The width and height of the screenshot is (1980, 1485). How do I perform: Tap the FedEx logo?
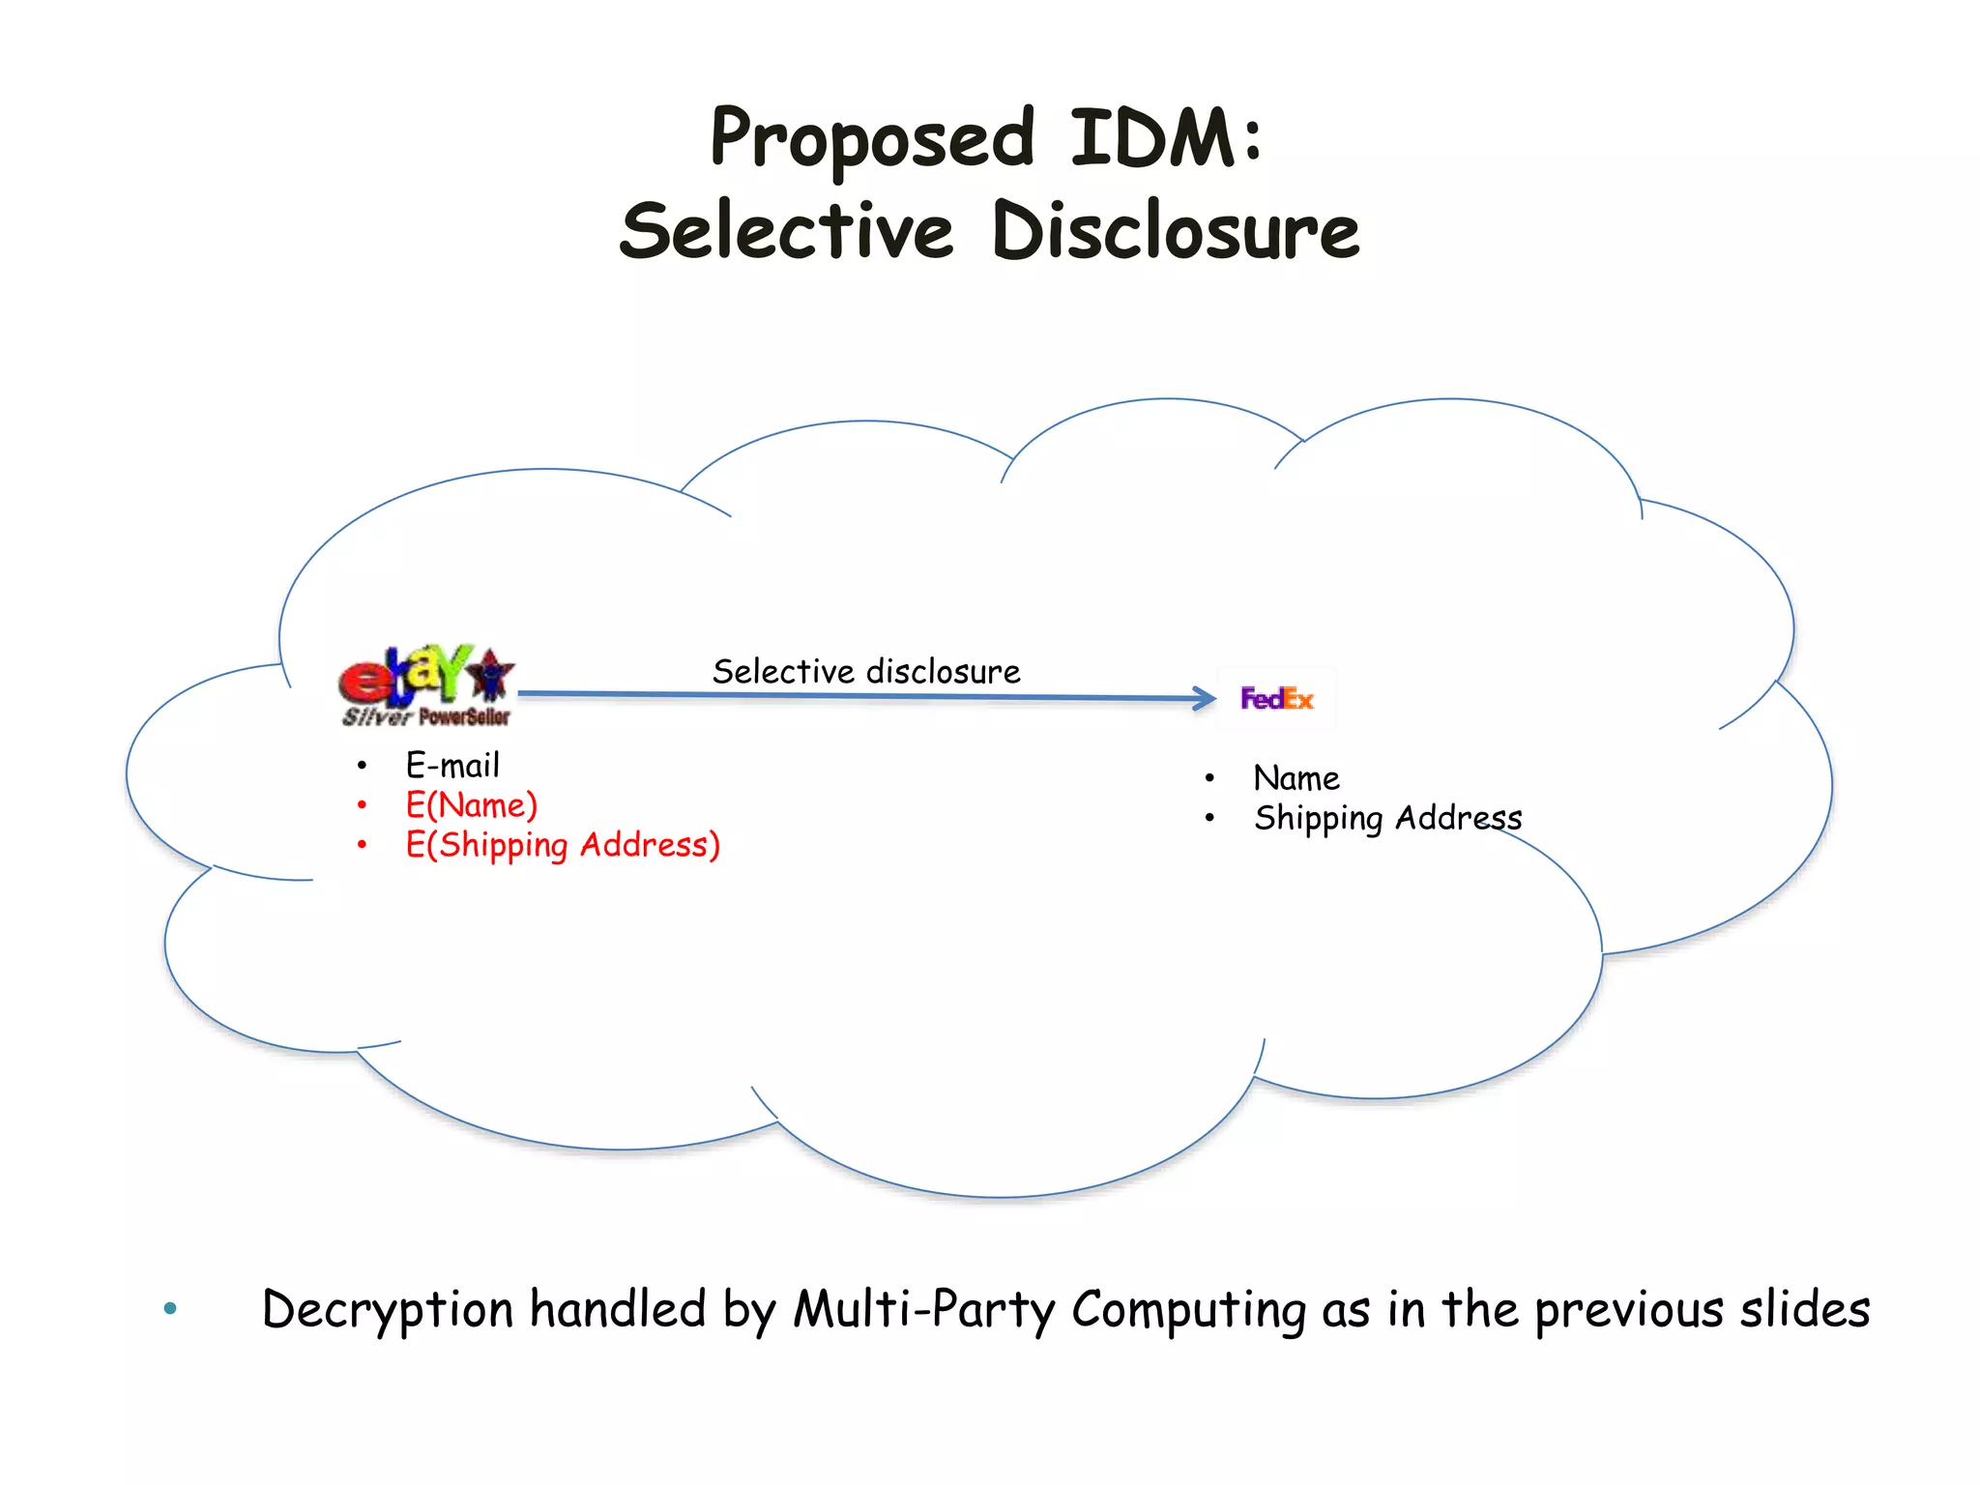pos(1276,698)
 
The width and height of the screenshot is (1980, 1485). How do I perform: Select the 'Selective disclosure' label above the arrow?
pos(866,671)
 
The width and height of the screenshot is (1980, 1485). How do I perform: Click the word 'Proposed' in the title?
pos(872,139)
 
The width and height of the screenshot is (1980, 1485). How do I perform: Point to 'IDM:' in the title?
pos(1166,139)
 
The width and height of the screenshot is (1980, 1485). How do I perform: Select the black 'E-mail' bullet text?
pos(452,766)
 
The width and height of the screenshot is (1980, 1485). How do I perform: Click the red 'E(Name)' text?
pos(471,805)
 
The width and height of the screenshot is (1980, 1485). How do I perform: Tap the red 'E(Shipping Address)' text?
pos(563,845)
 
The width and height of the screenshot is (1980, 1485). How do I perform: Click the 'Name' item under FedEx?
pos(1296,778)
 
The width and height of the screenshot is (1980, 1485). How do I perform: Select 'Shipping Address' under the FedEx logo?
pos(1387,818)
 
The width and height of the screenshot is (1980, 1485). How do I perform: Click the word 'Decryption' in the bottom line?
pos(388,1310)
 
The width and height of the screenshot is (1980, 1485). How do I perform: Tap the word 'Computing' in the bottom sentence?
pos(1189,1310)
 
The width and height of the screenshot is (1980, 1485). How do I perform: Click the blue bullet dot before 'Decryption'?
pos(171,1310)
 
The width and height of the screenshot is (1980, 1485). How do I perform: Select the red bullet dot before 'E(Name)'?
pos(362,805)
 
